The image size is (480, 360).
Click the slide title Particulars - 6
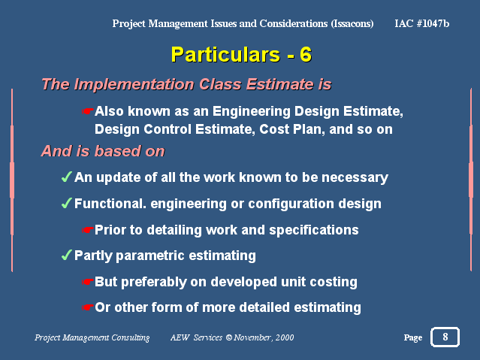coord(241,55)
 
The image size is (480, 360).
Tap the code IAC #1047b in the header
coord(422,23)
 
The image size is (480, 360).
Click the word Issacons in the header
coord(352,23)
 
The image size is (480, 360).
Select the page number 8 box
coord(445,337)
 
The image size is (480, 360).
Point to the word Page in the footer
coord(413,337)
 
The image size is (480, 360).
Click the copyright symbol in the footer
coord(229,337)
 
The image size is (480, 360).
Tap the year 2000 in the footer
coord(285,337)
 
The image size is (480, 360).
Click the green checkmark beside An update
coord(66,177)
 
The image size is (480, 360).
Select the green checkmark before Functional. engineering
coord(66,203)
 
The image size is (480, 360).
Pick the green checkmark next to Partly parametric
coord(66,255)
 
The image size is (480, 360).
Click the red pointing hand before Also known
coord(87,111)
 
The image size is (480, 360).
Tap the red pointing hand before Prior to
coord(87,230)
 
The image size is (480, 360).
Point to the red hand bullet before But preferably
coord(87,282)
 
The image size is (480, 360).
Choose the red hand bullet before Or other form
coord(87,307)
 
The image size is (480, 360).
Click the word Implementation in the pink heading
coord(134,84)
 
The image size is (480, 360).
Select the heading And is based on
coord(103,151)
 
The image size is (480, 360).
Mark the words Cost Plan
coord(292,129)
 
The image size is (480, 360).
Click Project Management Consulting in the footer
coord(92,337)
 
